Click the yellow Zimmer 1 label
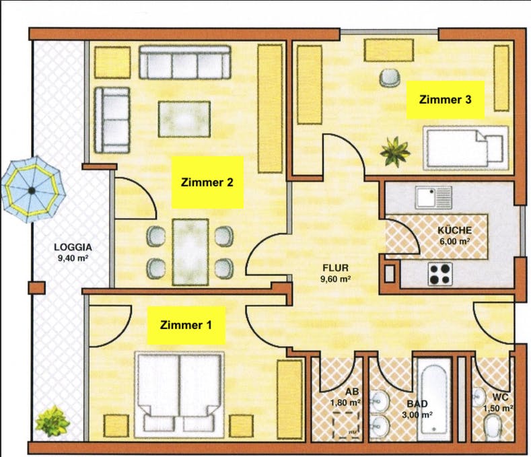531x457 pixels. click(186, 326)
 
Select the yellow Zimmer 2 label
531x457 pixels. click(207, 182)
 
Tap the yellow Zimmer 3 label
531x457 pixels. click(444, 100)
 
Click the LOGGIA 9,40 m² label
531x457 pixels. click(73, 251)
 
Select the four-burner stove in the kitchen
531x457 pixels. click(441, 273)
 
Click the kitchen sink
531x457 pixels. click(433, 197)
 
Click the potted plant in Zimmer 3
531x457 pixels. click(394, 151)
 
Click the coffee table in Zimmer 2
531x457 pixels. click(184, 118)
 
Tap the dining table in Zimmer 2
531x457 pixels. click(190, 250)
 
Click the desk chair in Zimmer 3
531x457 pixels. click(389, 77)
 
